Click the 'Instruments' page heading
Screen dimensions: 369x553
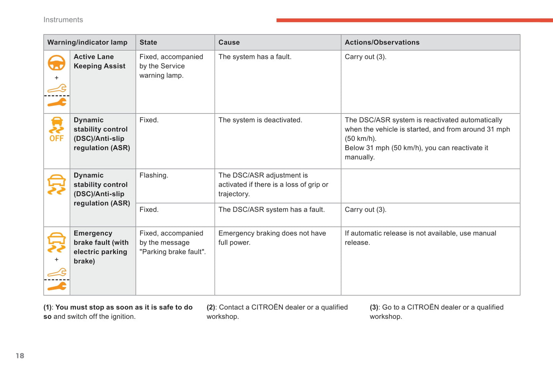tap(63, 20)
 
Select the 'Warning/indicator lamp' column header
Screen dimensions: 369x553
tap(87, 42)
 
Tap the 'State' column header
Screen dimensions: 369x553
tap(148, 42)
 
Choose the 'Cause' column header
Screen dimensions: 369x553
tap(229, 42)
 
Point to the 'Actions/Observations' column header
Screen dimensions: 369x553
tap(382, 42)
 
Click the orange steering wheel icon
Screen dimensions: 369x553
tap(56, 63)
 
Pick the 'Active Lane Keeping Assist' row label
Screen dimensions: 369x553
tap(100, 61)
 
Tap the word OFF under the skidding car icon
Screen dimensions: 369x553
tap(56, 139)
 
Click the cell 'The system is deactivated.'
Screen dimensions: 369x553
tap(260, 120)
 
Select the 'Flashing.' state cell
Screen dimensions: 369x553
tap(153, 175)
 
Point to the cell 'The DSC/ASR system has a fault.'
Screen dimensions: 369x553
tap(271, 210)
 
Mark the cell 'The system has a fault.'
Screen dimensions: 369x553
tap(255, 57)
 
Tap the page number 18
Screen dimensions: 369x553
tap(20, 356)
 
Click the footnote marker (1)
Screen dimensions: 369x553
tap(48, 307)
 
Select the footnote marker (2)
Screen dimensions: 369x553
tap(211, 307)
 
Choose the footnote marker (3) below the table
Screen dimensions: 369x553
tap(374, 307)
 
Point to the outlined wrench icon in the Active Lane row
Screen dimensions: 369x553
tap(57, 88)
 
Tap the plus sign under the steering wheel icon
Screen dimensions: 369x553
tap(57, 78)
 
